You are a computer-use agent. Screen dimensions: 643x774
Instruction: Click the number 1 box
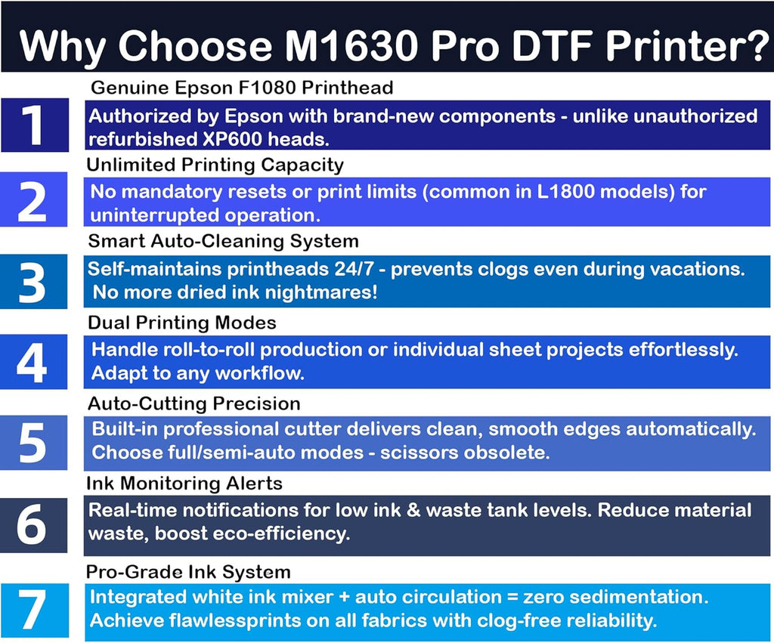33,125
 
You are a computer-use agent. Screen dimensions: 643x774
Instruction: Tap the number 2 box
33,200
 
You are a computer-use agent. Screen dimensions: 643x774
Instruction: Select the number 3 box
33,281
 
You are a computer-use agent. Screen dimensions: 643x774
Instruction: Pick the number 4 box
33,362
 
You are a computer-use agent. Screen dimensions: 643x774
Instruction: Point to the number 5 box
33,442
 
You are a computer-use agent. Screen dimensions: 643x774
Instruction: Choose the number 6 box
33,524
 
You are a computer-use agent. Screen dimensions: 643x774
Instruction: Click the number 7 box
33,611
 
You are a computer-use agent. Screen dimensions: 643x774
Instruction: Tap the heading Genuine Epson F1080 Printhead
242,88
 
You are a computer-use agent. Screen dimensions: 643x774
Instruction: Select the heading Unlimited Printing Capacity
215,165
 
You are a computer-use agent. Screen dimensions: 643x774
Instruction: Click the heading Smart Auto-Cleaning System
223,242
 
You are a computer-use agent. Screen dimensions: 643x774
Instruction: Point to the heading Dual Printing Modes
182,323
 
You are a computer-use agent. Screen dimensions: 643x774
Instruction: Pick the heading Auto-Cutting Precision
193,403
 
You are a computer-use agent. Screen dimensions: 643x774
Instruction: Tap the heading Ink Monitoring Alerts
184,484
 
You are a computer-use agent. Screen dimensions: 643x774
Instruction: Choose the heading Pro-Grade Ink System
189,571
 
